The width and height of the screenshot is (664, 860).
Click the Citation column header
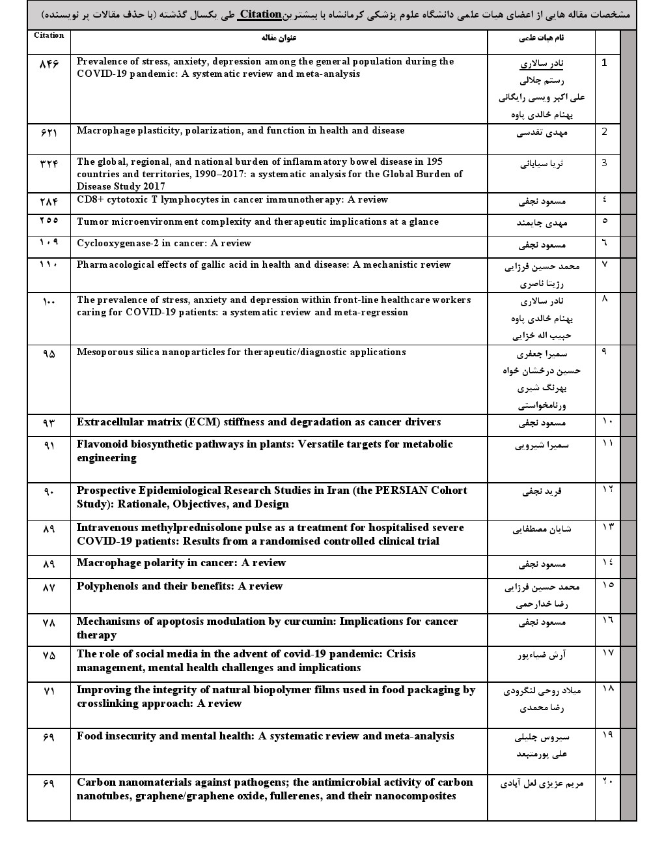coord(49,35)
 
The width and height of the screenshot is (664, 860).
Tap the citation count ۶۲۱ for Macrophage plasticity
coord(49,132)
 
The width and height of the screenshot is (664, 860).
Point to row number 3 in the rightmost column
coord(604,163)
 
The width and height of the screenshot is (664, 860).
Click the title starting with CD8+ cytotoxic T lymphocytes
coord(232,199)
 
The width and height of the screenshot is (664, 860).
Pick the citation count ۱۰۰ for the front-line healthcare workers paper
coord(49,302)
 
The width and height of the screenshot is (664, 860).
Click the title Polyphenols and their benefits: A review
coord(180,586)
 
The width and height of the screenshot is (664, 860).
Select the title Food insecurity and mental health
coord(265,736)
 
